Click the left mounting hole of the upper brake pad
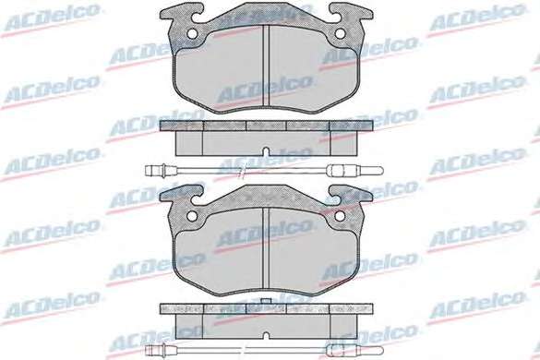click(x=192, y=33)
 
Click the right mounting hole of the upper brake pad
click(x=340, y=33)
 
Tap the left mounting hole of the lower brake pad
click(x=192, y=216)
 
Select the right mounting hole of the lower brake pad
click(x=340, y=216)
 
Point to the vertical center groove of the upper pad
click(x=266, y=66)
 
